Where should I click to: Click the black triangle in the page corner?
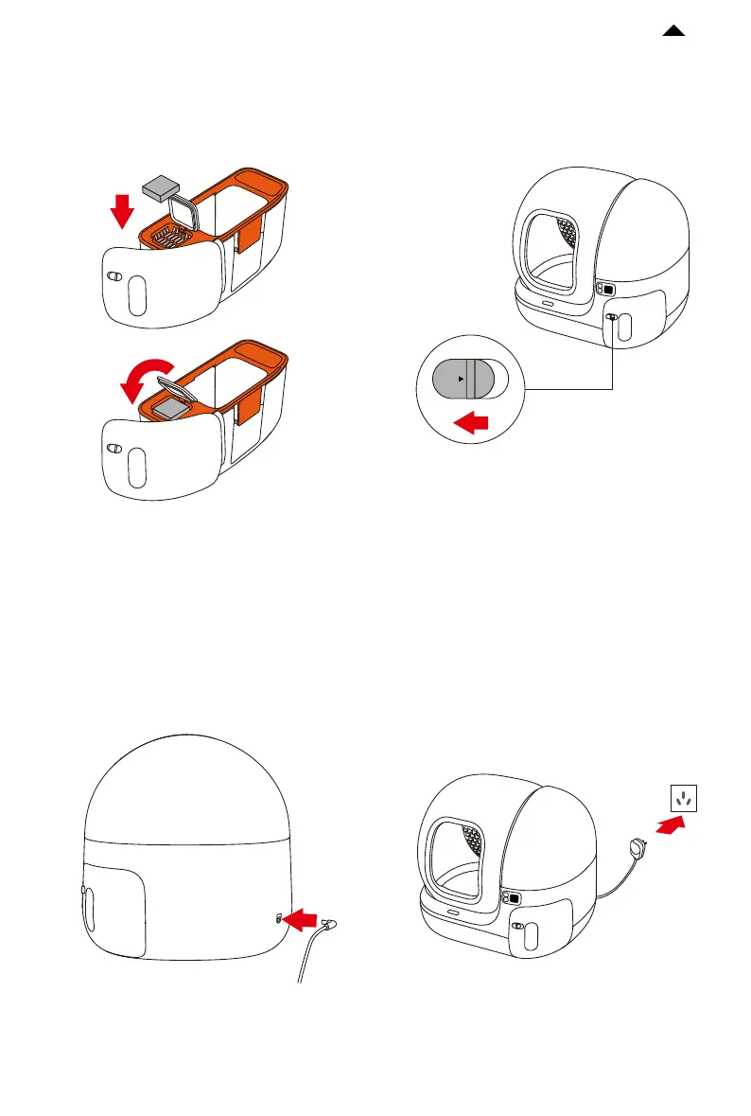[x=673, y=32]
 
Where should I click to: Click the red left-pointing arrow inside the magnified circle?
[x=474, y=424]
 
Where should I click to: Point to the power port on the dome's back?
[x=279, y=917]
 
